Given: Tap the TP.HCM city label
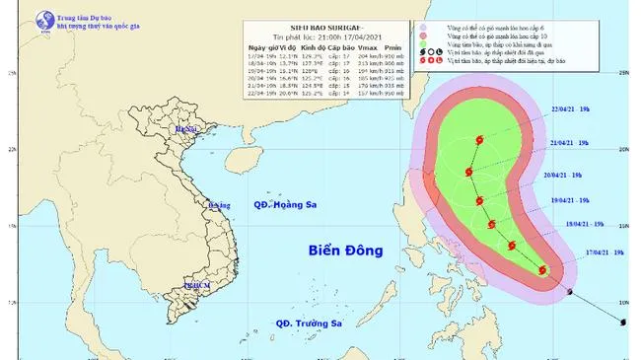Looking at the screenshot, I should coord(197,284).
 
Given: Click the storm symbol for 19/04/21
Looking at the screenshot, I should coord(479,201).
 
